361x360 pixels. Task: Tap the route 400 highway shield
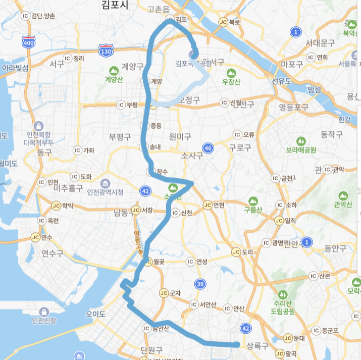click(29, 42)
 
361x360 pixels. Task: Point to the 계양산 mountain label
click(115, 79)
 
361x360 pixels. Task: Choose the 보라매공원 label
click(301, 150)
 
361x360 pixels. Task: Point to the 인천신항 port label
click(44, 321)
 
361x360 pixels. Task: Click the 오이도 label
click(95, 314)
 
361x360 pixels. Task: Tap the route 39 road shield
click(200, 285)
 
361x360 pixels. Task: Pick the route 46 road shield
click(208, 147)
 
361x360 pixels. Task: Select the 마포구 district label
click(292, 64)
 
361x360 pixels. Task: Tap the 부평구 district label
click(120, 137)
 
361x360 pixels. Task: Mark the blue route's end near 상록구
click(237, 344)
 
